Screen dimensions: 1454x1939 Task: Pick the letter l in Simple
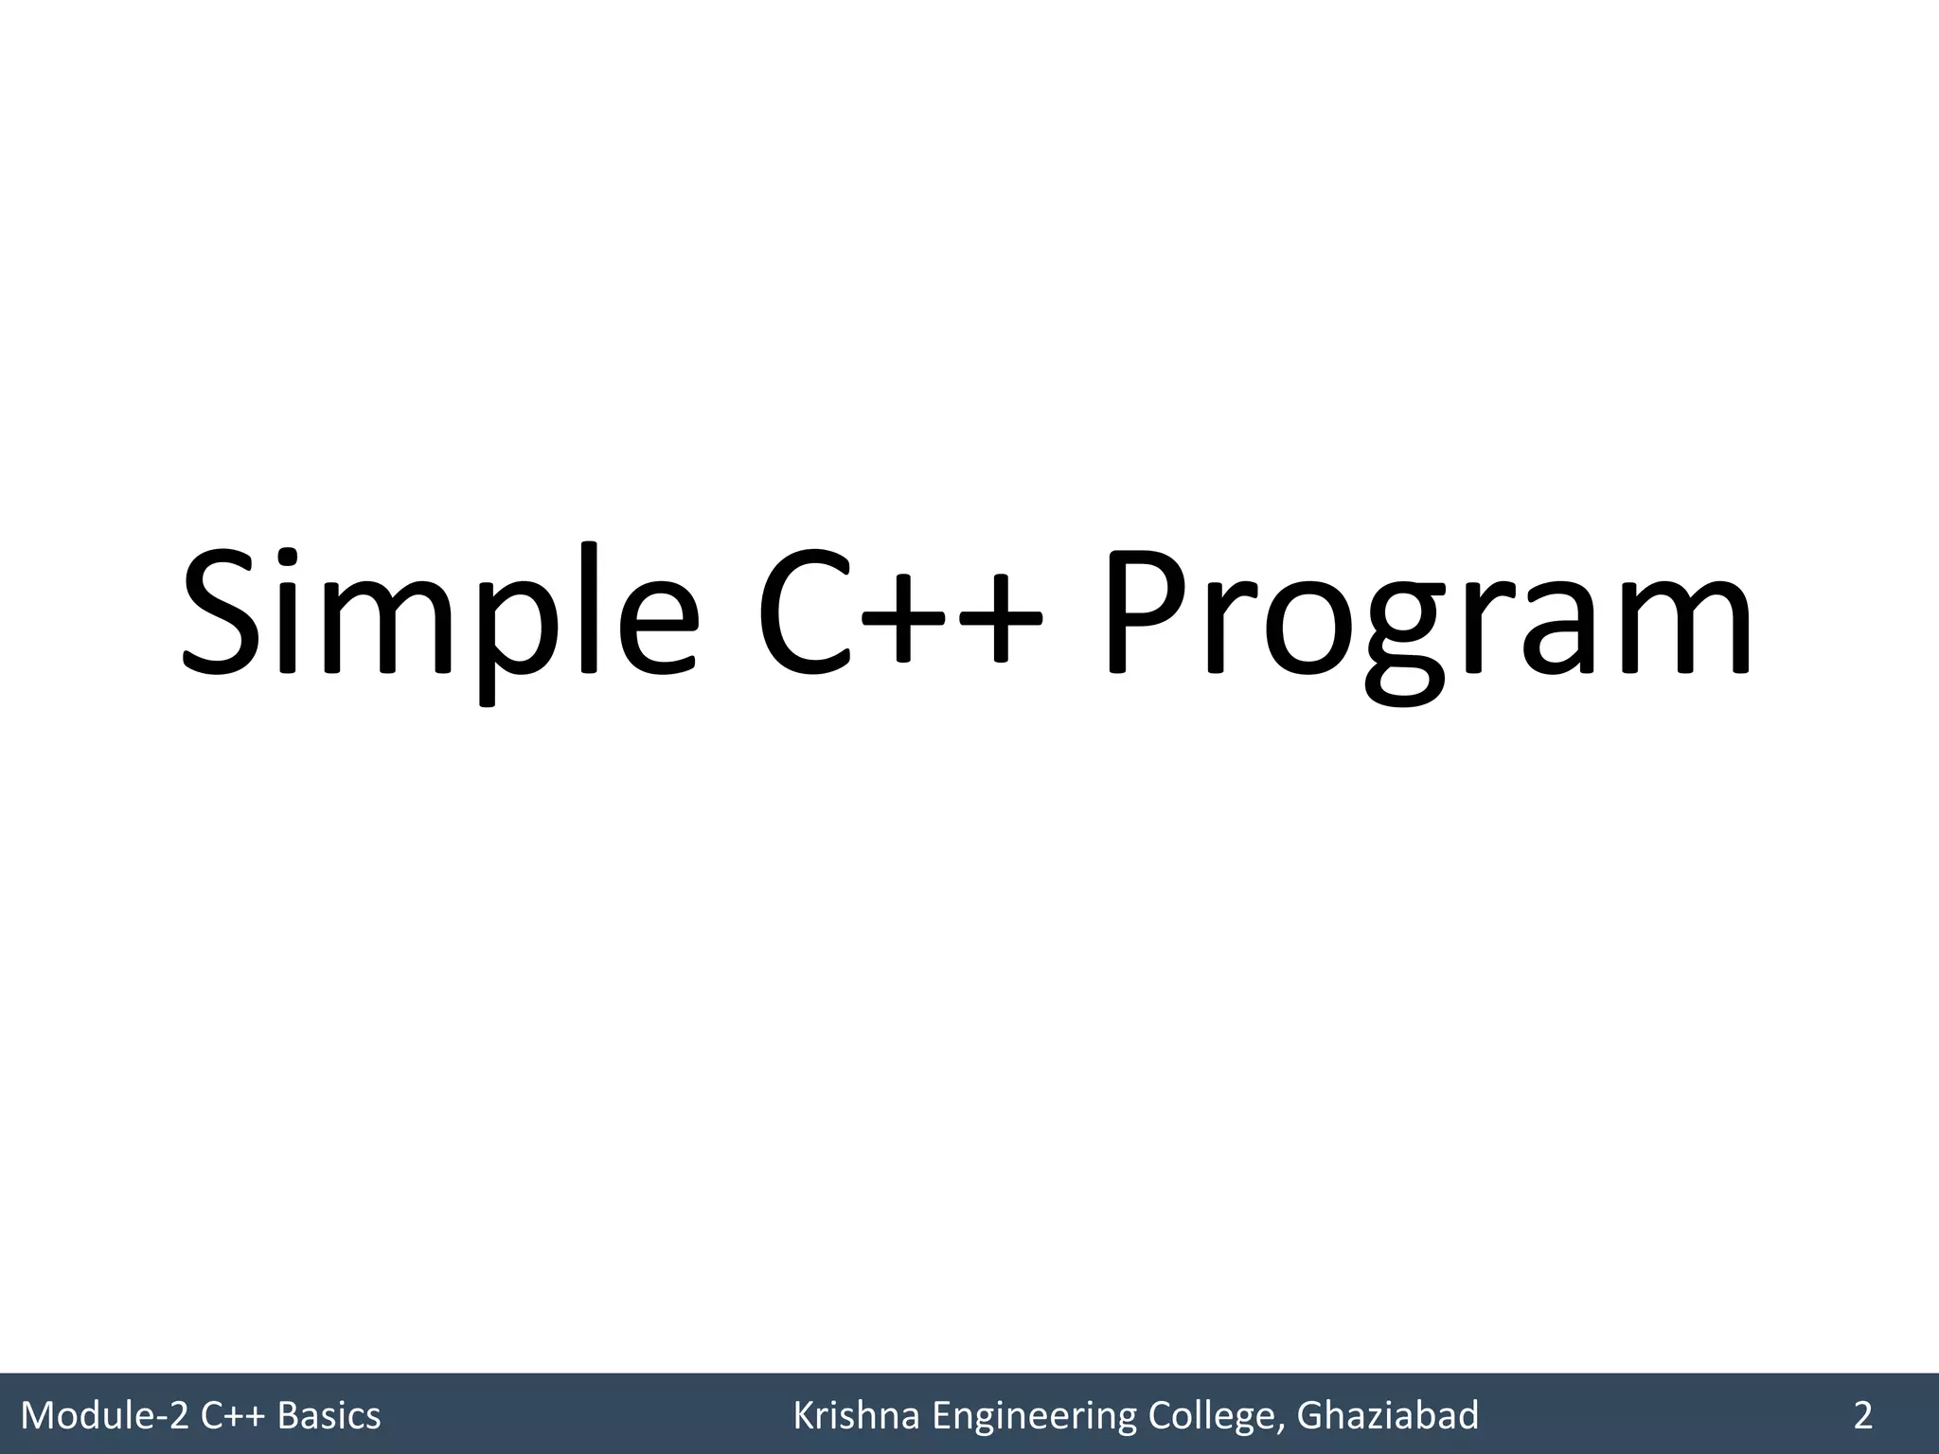593,606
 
